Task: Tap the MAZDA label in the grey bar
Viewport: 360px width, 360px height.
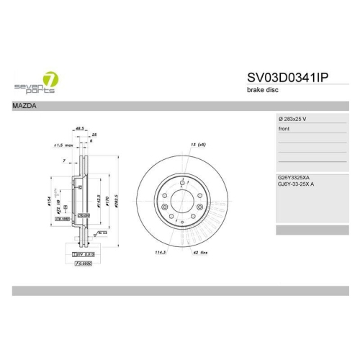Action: pos(25,107)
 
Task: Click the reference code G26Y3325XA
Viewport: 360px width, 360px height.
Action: pos(294,177)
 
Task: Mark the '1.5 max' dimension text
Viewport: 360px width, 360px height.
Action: pos(63,146)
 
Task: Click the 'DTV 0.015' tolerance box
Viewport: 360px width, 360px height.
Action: pos(84,254)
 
